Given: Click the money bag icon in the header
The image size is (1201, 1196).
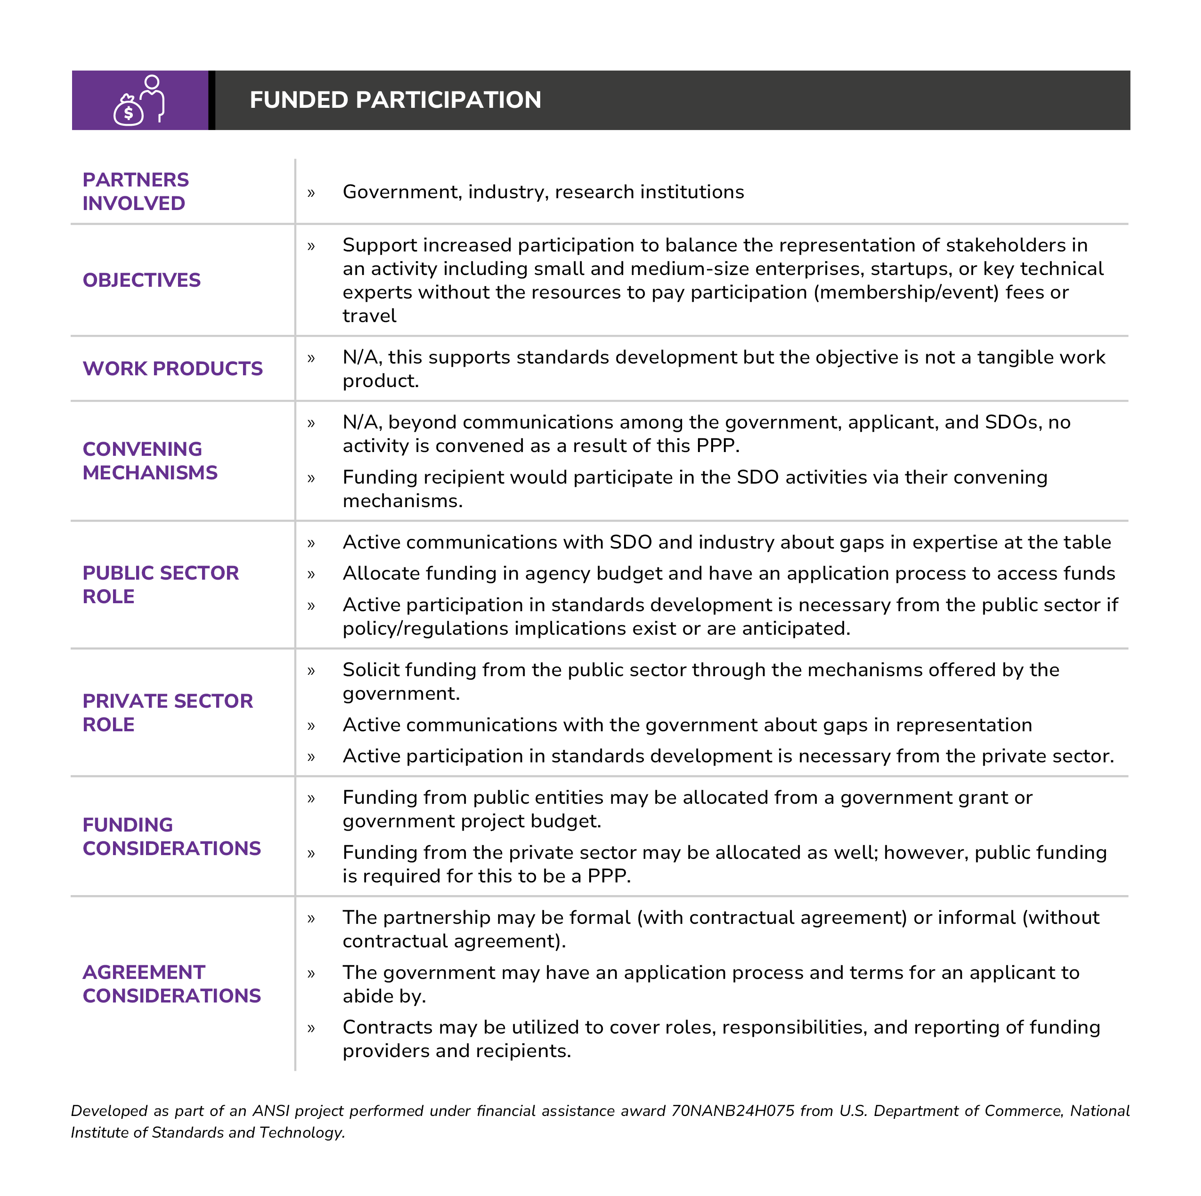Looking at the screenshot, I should pyautogui.click(x=128, y=110).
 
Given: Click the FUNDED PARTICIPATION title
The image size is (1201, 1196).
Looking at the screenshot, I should pyautogui.click(x=395, y=100).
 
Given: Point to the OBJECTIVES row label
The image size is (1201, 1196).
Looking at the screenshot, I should pyautogui.click(x=141, y=280).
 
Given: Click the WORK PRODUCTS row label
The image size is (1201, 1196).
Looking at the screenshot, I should pyautogui.click(x=172, y=369).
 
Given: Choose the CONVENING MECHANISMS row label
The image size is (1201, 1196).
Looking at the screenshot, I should pyautogui.click(x=149, y=461).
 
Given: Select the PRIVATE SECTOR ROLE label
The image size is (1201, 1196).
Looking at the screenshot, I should pyautogui.click(x=167, y=712).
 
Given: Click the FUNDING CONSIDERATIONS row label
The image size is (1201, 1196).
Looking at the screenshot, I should pyautogui.click(x=171, y=836).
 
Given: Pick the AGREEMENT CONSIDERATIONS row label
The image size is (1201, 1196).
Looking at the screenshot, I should pyautogui.click(x=171, y=984).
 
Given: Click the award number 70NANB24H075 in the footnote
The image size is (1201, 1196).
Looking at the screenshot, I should pyautogui.click(x=732, y=1111).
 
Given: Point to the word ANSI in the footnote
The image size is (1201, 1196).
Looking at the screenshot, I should pyautogui.click(x=270, y=1111).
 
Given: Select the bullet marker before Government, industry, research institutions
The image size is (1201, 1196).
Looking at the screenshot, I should pyautogui.click(x=311, y=193).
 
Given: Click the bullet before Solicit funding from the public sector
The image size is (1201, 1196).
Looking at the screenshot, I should pyautogui.click(x=311, y=671).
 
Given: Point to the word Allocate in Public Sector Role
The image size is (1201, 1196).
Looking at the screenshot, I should pyautogui.click(x=381, y=573).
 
